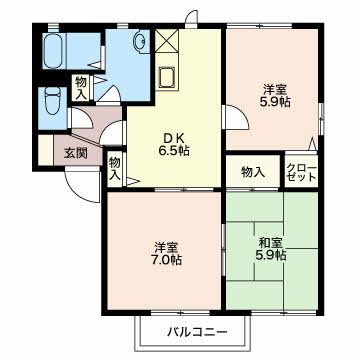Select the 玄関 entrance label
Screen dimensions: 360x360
[76, 153]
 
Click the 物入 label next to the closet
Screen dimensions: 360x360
[253, 172]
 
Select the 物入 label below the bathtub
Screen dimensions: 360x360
[81, 87]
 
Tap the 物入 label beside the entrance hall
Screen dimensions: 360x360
[115, 166]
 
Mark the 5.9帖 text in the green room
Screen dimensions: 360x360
[270, 255]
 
